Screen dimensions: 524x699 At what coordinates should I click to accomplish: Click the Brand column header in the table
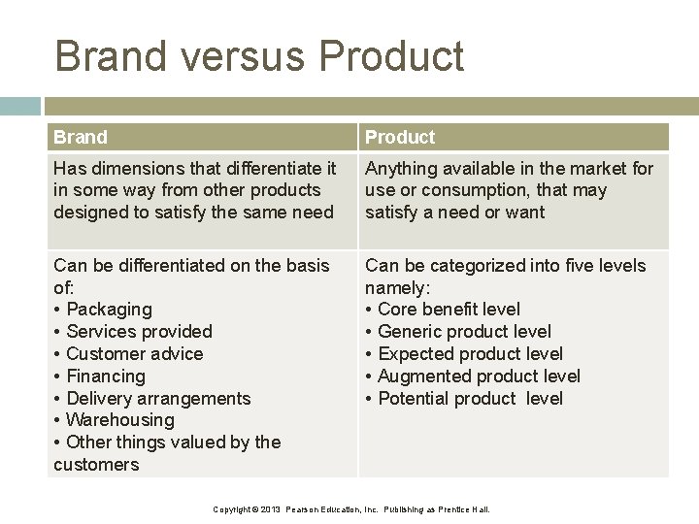click(x=81, y=137)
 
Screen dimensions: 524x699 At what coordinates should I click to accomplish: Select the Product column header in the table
click(x=400, y=137)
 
